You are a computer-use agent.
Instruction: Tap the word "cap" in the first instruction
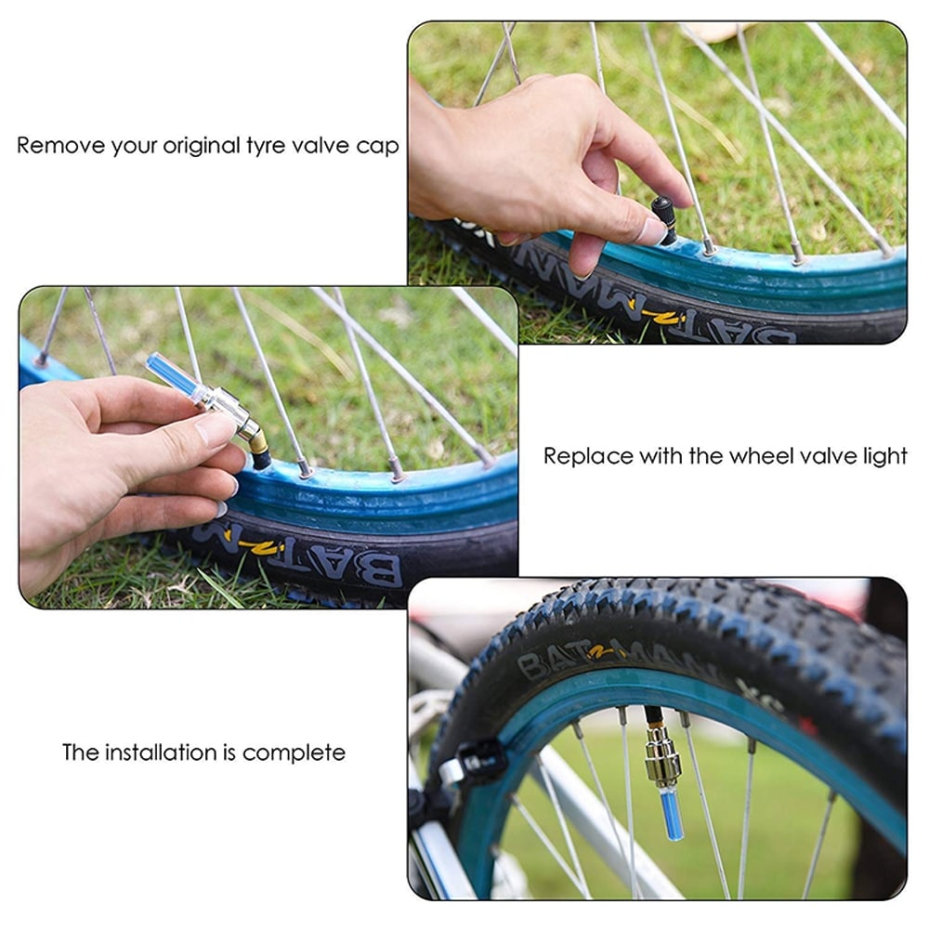click(x=379, y=147)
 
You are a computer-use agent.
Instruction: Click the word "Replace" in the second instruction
click(x=581, y=456)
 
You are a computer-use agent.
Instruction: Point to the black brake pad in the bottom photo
click(x=479, y=762)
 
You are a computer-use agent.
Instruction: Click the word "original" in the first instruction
click(x=204, y=147)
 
